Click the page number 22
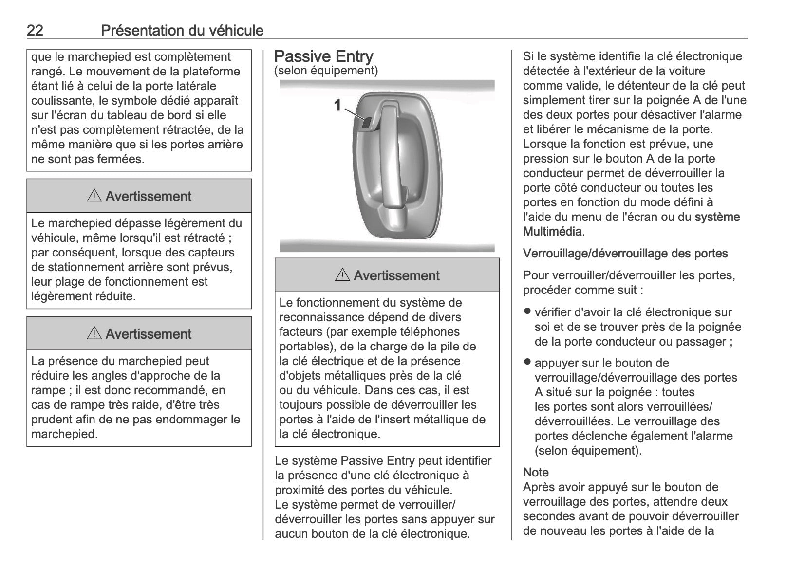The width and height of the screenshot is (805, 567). point(35,31)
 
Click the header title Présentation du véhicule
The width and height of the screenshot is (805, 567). point(182,31)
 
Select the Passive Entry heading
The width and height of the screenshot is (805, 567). point(323,57)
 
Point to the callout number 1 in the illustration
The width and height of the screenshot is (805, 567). point(337,105)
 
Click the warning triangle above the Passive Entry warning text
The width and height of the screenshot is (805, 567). point(343,275)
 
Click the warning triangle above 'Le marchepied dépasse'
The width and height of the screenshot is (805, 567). point(94,196)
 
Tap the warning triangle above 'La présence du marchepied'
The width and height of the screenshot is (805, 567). point(94,334)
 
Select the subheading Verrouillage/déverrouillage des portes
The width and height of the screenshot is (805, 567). point(625,254)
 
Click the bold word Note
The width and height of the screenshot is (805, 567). point(536,473)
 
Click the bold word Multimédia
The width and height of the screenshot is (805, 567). point(552,232)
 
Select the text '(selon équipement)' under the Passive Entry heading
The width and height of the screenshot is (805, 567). point(326,71)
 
